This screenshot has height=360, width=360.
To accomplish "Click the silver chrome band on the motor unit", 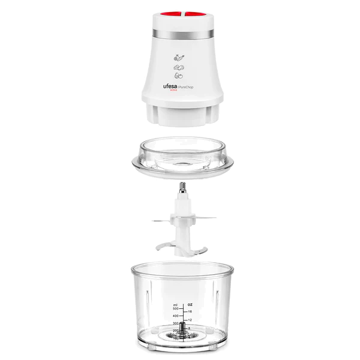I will [180, 32].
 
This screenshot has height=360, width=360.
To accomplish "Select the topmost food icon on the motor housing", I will [179, 58].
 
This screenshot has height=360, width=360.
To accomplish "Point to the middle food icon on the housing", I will [179, 68].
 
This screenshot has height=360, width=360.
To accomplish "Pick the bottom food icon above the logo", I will [179, 77].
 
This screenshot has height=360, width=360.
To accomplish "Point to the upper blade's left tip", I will [155, 221].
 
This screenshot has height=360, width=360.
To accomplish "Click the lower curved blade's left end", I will [157, 245].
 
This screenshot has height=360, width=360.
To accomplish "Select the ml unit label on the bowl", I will [175, 304].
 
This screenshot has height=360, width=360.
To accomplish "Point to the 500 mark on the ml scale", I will [175, 309].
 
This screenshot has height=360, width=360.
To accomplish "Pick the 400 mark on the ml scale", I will [175, 316].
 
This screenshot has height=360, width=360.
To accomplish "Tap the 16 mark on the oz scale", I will [190, 312].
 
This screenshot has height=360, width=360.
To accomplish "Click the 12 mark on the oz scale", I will [190, 320].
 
